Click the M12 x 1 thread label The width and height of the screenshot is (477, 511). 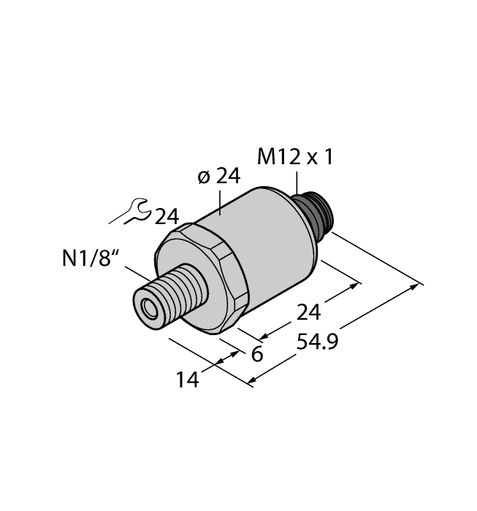[296, 156]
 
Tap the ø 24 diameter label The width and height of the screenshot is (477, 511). [218, 177]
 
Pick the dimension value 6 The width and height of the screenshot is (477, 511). [256, 355]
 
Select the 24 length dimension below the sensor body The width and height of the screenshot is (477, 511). [308, 312]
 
